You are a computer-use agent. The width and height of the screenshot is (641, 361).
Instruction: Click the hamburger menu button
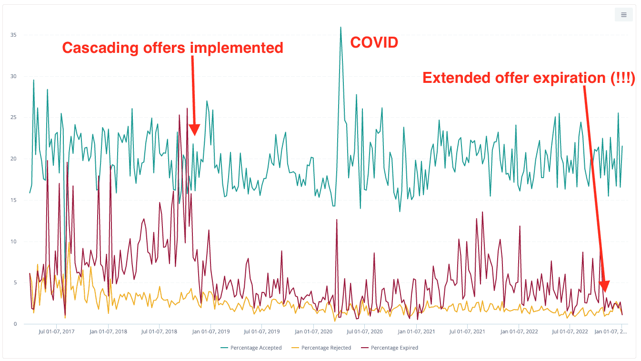[x=623, y=15]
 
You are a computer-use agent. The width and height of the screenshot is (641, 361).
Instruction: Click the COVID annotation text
[x=374, y=43]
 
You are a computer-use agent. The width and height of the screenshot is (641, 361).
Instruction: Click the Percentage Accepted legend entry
[x=252, y=348]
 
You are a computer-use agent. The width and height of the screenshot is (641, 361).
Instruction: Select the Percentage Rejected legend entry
[x=322, y=348]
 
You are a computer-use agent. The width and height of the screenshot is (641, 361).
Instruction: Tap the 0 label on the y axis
[x=15, y=324]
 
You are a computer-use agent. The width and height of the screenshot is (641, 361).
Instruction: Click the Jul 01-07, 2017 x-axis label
[x=56, y=331]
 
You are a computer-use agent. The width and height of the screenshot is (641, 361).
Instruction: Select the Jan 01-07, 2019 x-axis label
[x=211, y=331]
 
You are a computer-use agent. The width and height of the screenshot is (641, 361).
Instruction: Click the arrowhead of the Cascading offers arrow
[x=194, y=130]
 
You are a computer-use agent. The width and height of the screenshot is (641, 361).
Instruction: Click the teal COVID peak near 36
[x=341, y=28]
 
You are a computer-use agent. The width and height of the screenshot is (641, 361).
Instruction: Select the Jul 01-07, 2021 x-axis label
[x=467, y=331]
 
